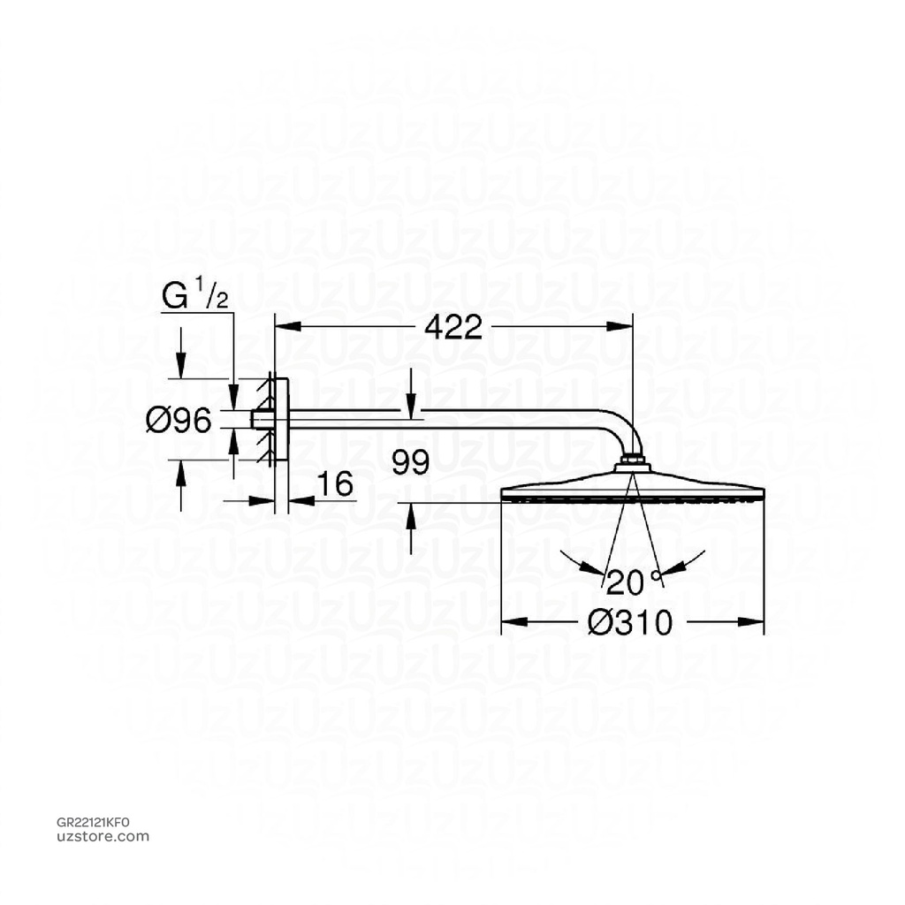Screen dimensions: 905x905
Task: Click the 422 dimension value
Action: pyautogui.click(x=453, y=328)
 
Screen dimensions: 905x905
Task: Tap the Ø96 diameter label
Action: pyautogui.click(x=179, y=422)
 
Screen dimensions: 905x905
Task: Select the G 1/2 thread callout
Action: pyautogui.click(x=195, y=295)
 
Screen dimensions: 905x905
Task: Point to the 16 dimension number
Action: pyautogui.click(x=335, y=484)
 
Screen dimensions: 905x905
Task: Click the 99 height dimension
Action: pyautogui.click(x=411, y=463)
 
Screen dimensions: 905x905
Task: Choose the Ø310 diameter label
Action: pyautogui.click(x=630, y=623)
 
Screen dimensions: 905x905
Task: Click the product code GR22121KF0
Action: pyautogui.click(x=93, y=822)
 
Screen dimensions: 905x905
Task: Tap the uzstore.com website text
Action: pyautogui.click(x=103, y=836)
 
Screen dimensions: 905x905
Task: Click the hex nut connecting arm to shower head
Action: pyautogui.click(x=633, y=460)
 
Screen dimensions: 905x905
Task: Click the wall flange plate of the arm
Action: pyautogui.click(x=281, y=420)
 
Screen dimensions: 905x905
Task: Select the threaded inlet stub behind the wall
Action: pyautogui.click(x=261, y=420)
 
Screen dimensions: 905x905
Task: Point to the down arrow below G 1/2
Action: pyautogui.click(x=181, y=362)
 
